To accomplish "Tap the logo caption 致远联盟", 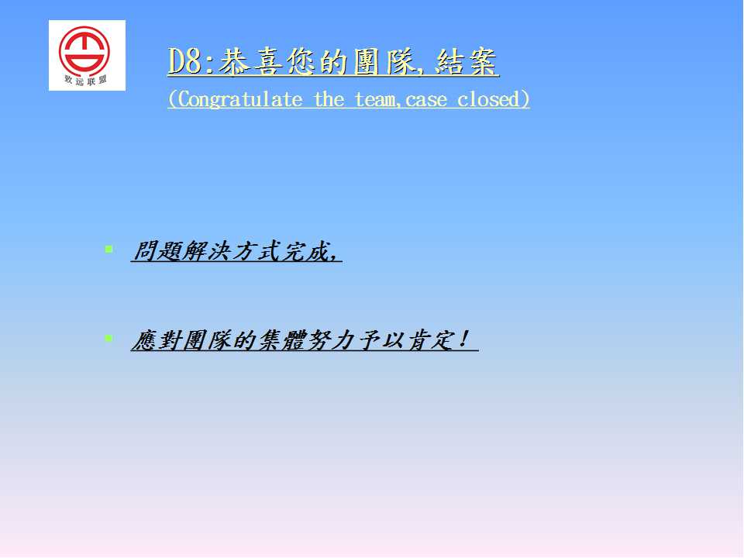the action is coord(86,80).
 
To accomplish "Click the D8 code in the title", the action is coord(185,62).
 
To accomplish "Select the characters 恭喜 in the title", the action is coord(251,62).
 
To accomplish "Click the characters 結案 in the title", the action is coord(466,62).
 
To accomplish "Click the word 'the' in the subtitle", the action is coord(329,99).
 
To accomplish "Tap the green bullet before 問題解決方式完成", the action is coord(108,249).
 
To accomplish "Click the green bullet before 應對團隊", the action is coord(108,338).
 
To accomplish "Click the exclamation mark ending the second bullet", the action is coord(464,339).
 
